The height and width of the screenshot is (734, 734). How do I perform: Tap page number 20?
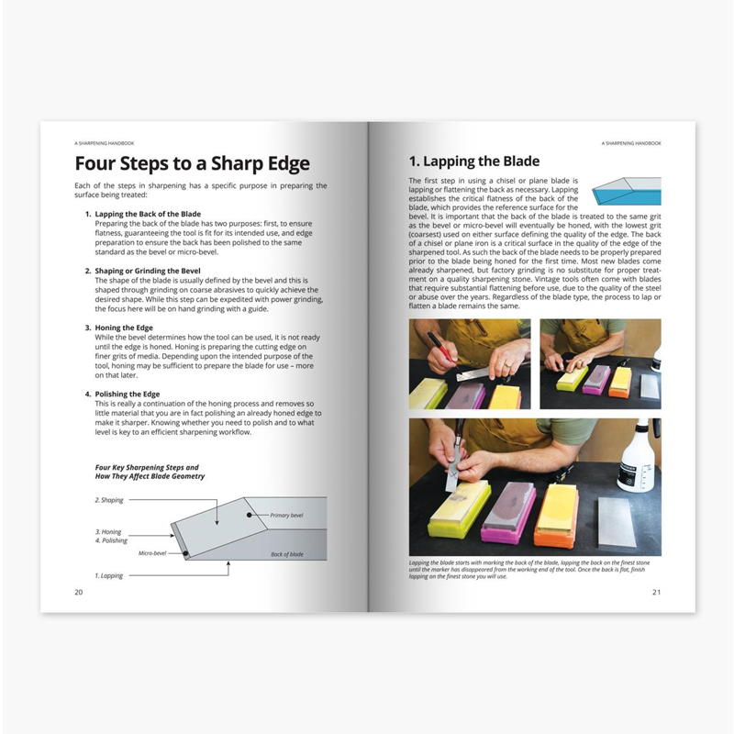[x=79, y=592]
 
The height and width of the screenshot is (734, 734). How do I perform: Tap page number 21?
[x=656, y=592]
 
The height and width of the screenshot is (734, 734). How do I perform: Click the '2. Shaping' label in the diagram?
[x=109, y=500]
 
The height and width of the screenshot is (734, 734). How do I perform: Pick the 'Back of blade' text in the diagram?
[x=289, y=555]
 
